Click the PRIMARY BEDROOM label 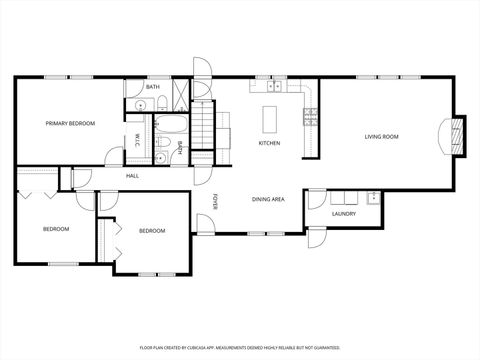[x=70, y=123]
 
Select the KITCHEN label [x=269, y=143]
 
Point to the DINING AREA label [x=268, y=199]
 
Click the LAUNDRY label [x=344, y=213]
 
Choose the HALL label [x=132, y=176]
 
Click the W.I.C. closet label [x=137, y=138]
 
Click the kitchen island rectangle [x=270, y=118]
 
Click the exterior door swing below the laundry [x=317, y=238]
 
